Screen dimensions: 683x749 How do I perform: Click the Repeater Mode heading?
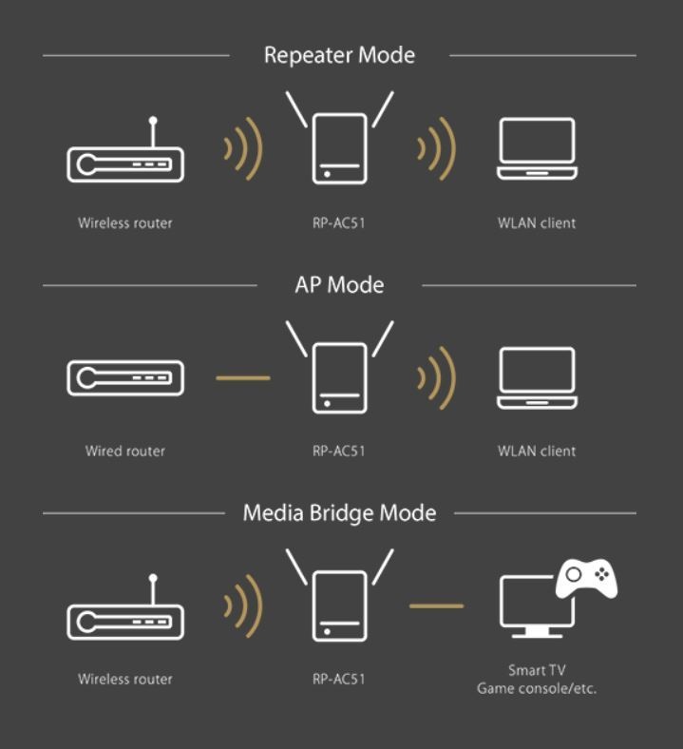click(339, 55)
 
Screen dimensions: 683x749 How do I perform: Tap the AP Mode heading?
click(339, 285)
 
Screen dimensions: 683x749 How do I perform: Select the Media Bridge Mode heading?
click(339, 513)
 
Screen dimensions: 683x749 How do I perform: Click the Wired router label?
click(125, 451)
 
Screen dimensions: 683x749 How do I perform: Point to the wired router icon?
click(125, 378)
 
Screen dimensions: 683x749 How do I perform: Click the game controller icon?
click(586, 579)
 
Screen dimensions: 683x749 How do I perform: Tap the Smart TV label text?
click(537, 670)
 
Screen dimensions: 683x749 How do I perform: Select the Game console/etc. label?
click(537, 688)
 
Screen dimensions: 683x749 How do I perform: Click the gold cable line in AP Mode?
click(243, 378)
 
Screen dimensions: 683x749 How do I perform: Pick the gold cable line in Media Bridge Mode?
click(437, 605)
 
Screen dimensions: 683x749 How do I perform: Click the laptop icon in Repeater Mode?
click(537, 149)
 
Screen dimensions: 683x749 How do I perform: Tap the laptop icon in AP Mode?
click(537, 378)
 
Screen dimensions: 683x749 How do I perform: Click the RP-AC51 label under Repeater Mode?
click(339, 223)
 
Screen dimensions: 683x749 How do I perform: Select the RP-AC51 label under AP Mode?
click(339, 451)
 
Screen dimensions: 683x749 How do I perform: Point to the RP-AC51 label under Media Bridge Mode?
click(339, 679)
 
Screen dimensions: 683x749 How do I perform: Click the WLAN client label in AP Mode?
click(537, 451)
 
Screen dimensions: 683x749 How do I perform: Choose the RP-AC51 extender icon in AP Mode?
click(339, 367)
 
